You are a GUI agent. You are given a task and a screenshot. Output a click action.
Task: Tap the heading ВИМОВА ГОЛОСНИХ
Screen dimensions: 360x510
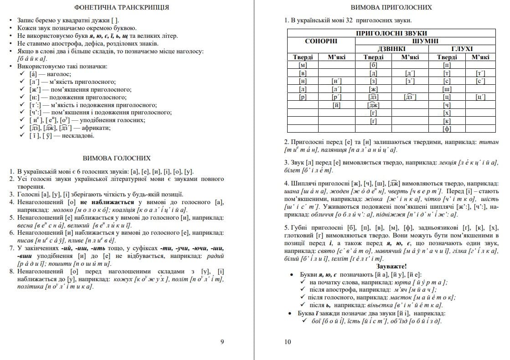click(117, 158)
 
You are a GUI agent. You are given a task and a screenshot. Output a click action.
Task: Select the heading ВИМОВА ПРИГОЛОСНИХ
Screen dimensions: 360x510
click(391, 7)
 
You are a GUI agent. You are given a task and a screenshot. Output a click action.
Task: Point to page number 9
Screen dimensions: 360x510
click(222, 342)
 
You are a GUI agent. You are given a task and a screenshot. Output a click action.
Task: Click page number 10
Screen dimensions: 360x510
click(287, 342)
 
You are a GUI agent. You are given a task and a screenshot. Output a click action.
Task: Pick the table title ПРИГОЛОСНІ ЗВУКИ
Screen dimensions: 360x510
click(391, 33)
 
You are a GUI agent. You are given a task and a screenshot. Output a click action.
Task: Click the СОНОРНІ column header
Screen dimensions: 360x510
click(321, 41)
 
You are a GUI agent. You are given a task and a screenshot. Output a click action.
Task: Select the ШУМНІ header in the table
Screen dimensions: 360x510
click(425, 41)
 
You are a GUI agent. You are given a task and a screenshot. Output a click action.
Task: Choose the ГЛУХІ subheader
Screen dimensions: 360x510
click(462, 49)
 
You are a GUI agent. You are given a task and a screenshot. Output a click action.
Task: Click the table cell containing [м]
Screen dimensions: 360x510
click(303, 65)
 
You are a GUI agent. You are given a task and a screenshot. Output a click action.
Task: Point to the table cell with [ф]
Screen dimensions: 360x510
click(447, 129)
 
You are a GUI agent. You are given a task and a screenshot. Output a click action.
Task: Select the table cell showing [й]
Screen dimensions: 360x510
click(337, 105)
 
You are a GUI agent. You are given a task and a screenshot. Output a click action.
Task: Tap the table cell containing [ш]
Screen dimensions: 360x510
click(447, 89)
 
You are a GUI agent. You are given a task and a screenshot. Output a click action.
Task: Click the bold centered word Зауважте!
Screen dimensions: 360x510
click(391, 266)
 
